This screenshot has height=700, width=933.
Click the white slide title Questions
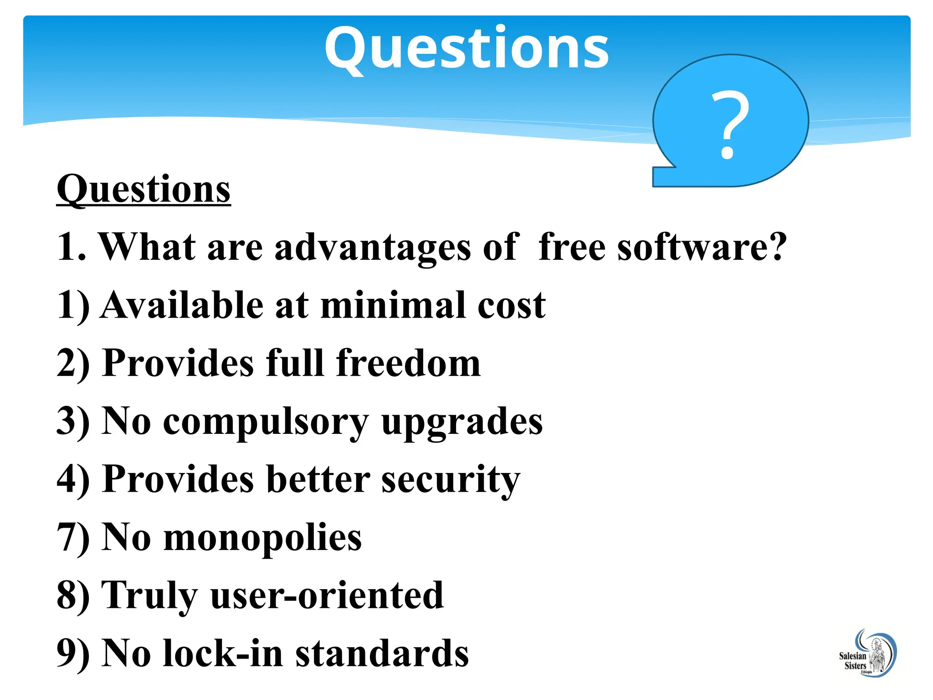click(466, 48)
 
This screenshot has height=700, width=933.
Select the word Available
click(182, 305)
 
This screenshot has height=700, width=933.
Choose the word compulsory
click(266, 422)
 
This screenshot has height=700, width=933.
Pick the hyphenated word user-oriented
click(327, 595)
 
